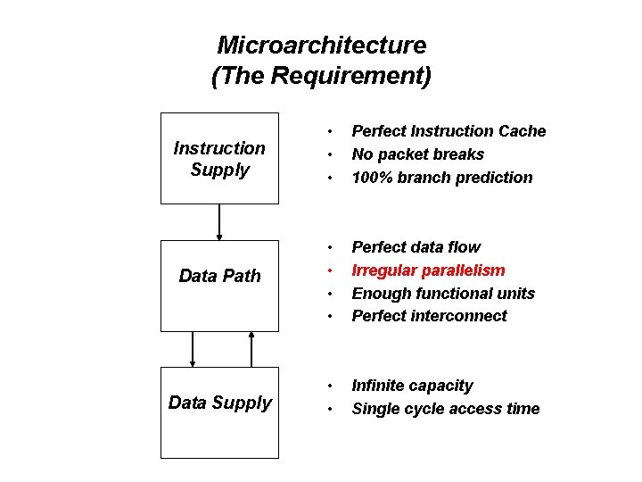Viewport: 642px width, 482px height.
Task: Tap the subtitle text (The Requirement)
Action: click(321, 76)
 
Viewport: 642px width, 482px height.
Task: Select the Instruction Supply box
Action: click(219, 158)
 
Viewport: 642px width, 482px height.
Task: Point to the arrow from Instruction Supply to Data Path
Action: click(219, 222)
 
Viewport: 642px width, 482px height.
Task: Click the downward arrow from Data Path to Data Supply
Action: click(192, 349)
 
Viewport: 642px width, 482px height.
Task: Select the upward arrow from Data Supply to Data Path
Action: click(251, 349)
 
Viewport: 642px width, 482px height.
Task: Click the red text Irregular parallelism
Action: click(428, 270)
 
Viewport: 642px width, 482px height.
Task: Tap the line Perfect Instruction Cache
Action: click(449, 131)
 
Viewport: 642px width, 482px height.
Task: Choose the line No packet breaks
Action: click(417, 154)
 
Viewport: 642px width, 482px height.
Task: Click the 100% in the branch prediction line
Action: click(370, 178)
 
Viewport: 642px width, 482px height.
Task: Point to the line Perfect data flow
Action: click(416, 247)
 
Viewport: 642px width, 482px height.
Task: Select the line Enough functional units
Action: click(443, 293)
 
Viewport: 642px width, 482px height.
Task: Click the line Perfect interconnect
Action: click(429, 316)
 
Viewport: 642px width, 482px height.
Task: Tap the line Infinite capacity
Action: click(412, 386)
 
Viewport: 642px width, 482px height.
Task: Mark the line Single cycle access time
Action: click(446, 409)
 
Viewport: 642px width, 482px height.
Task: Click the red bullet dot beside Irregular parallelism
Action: click(329, 270)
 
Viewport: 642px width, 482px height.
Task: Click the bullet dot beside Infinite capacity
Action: click(329, 386)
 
